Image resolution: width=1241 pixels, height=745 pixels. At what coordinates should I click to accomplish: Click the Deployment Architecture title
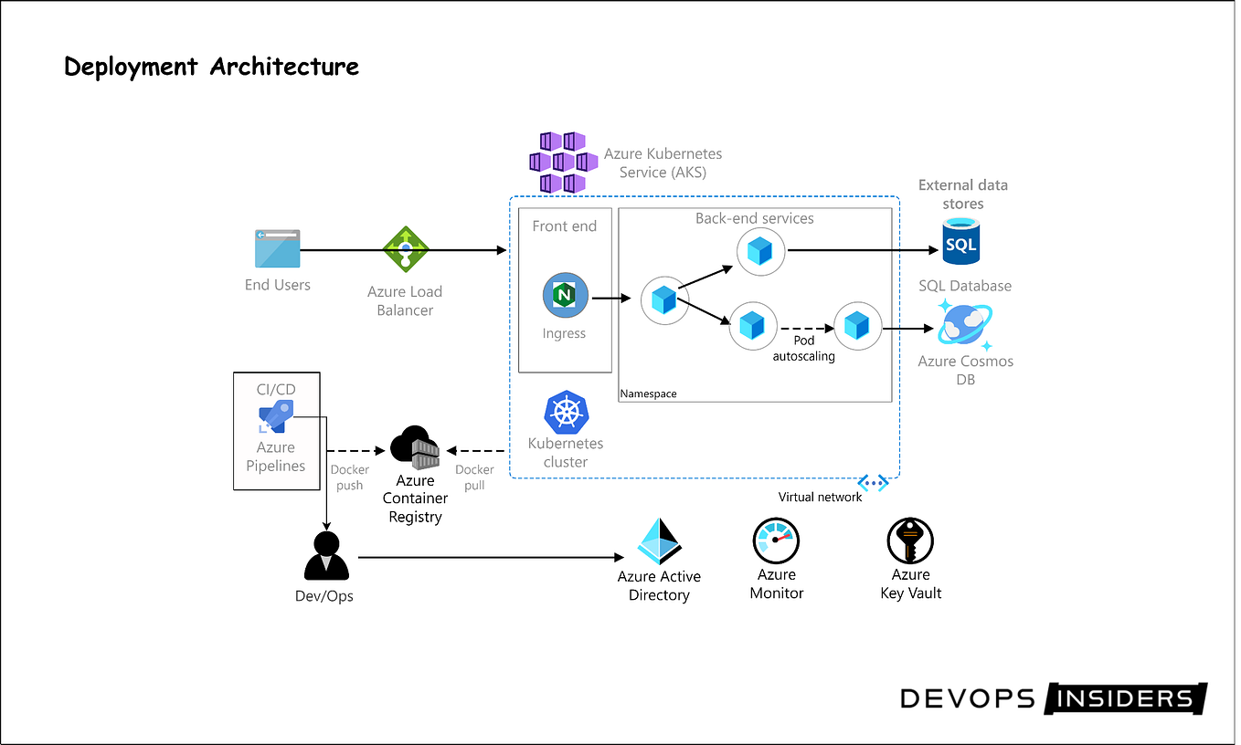211,67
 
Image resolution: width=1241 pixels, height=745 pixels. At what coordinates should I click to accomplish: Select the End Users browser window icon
277,248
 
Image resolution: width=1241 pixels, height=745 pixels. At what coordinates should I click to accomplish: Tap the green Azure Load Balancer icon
405,248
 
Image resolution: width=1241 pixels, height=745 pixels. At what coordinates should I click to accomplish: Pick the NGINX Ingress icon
565,297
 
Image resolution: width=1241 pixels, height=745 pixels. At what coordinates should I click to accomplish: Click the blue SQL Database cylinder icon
960,242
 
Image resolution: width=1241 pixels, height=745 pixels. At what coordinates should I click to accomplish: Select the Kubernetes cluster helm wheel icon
566,413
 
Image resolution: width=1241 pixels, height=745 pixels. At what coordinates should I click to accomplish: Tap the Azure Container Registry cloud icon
415,447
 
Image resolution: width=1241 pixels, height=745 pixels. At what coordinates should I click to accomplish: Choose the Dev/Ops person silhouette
326,556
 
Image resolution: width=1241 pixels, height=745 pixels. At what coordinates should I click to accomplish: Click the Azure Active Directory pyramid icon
659,542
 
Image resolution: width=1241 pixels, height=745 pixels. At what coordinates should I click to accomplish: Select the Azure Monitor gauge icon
776,540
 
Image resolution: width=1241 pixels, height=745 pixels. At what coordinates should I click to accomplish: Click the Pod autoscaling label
803,348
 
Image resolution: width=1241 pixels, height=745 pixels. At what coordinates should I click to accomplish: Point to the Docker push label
350,477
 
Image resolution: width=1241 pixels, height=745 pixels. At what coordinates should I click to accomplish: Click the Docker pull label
474,477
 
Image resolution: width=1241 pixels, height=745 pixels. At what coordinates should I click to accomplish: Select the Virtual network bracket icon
873,483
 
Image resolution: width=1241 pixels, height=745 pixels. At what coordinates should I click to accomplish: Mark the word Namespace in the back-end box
649,393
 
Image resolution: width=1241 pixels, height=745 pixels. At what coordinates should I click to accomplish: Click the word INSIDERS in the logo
1125,699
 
